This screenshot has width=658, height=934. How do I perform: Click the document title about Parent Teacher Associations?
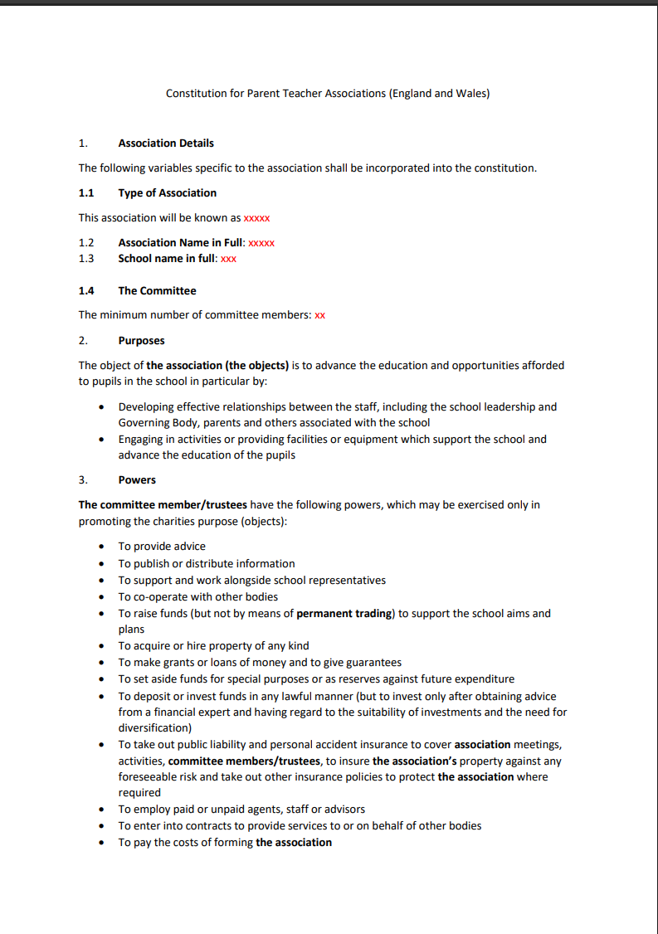328,94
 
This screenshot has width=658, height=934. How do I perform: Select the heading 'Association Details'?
166,143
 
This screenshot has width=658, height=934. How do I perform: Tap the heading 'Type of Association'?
167,193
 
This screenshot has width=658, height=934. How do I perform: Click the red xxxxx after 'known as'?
256,218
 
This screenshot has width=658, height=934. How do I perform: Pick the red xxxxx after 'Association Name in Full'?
261,243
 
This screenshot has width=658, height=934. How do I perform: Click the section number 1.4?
86,291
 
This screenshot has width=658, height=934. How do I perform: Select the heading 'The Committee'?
157,291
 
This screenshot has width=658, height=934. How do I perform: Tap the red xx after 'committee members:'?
319,315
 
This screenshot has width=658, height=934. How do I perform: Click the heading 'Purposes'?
141,341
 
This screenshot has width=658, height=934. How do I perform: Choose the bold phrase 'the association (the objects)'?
217,366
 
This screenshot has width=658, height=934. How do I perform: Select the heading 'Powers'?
137,480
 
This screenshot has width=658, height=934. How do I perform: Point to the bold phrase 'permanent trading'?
344,614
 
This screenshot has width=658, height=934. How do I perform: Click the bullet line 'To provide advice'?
162,547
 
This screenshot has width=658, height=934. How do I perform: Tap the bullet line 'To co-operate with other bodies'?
197,596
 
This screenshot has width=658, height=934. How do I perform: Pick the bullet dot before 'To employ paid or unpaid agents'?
101,810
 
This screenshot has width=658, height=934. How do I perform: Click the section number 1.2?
86,243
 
